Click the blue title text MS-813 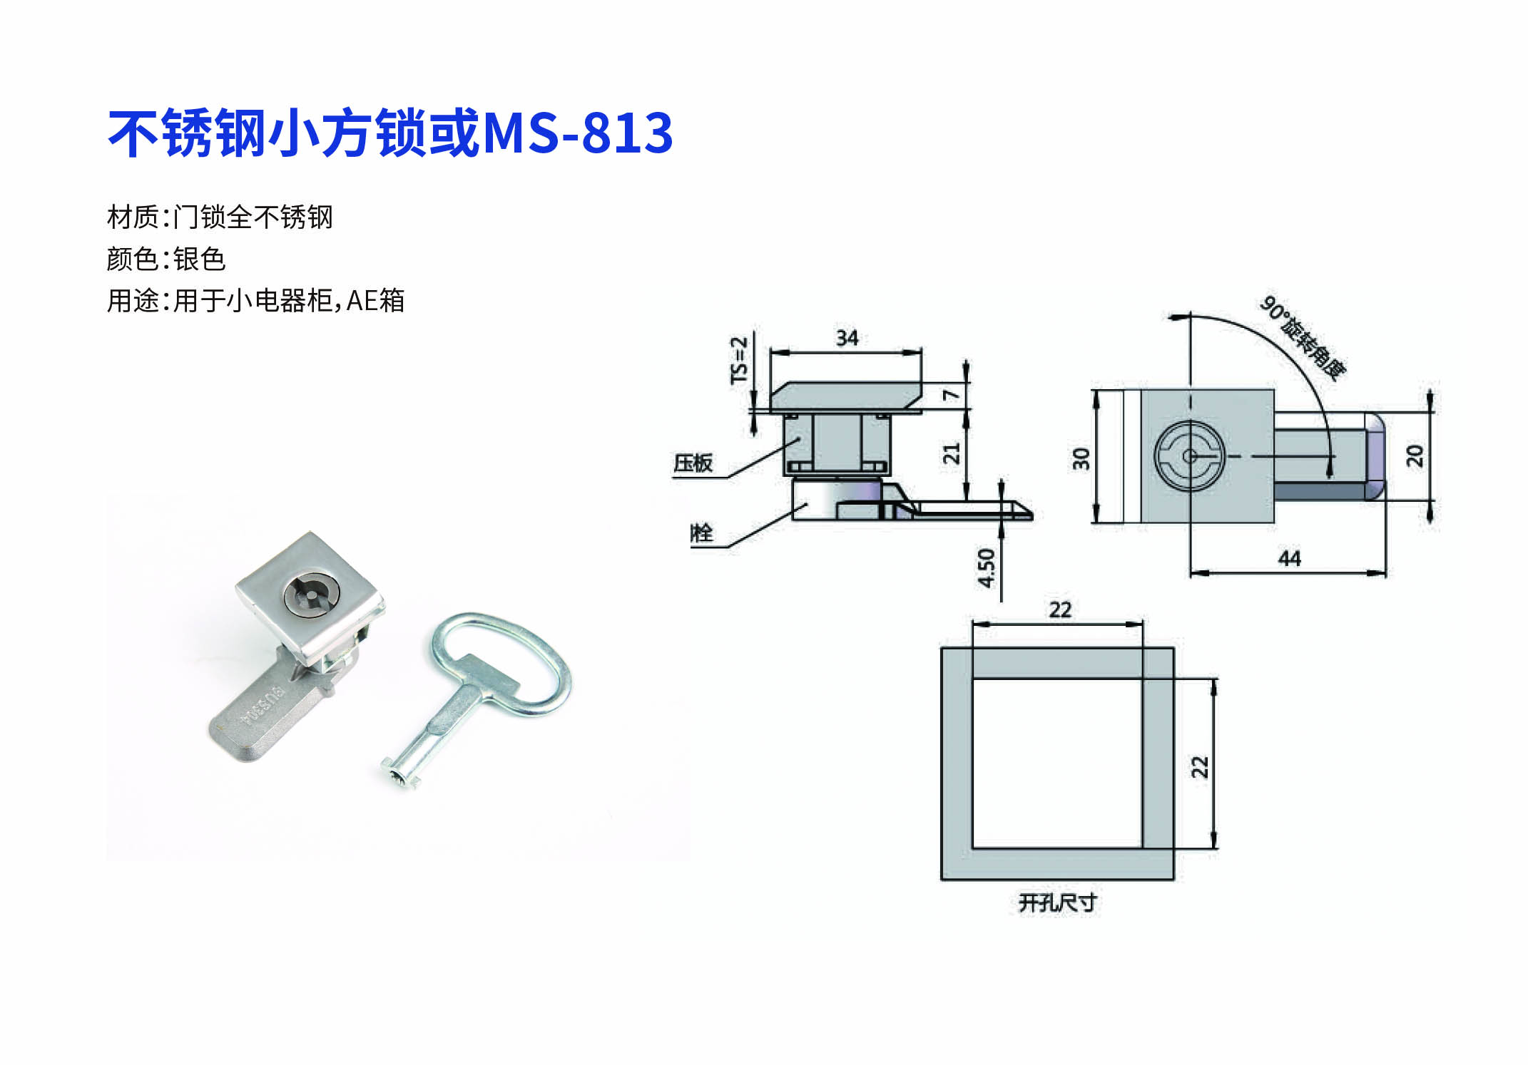578,133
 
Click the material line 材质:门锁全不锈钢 220,217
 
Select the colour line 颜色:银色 166,259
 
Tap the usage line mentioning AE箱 256,301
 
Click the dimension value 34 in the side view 847,338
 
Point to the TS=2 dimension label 739,360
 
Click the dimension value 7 952,395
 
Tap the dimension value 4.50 986,567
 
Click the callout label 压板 693,463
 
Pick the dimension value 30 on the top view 1081,458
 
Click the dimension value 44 1289,558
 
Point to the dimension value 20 1414,456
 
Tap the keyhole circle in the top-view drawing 1189,456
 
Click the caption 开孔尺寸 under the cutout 1057,903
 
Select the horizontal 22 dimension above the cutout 1060,609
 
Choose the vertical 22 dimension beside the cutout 1200,766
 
